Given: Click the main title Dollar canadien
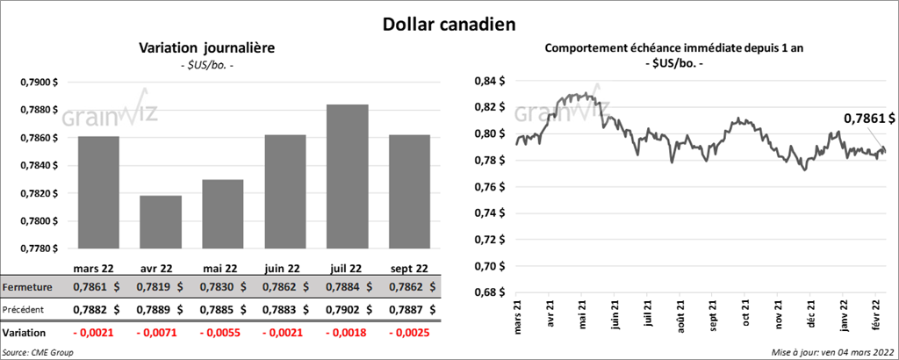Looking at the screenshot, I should click(x=449, y=23).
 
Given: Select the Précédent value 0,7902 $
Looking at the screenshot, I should click(x=347, y=309).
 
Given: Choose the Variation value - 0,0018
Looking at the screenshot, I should click(x=347, y=334).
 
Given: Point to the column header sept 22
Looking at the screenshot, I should click(x=409, y=269).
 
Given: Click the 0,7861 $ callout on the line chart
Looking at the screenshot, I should click(x=869, y=118).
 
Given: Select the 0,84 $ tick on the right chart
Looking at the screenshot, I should click(x=488, y=82).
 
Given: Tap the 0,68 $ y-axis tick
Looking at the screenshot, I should click(x=488, y=292).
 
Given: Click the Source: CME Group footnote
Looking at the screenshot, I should click(x=39, y=351).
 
